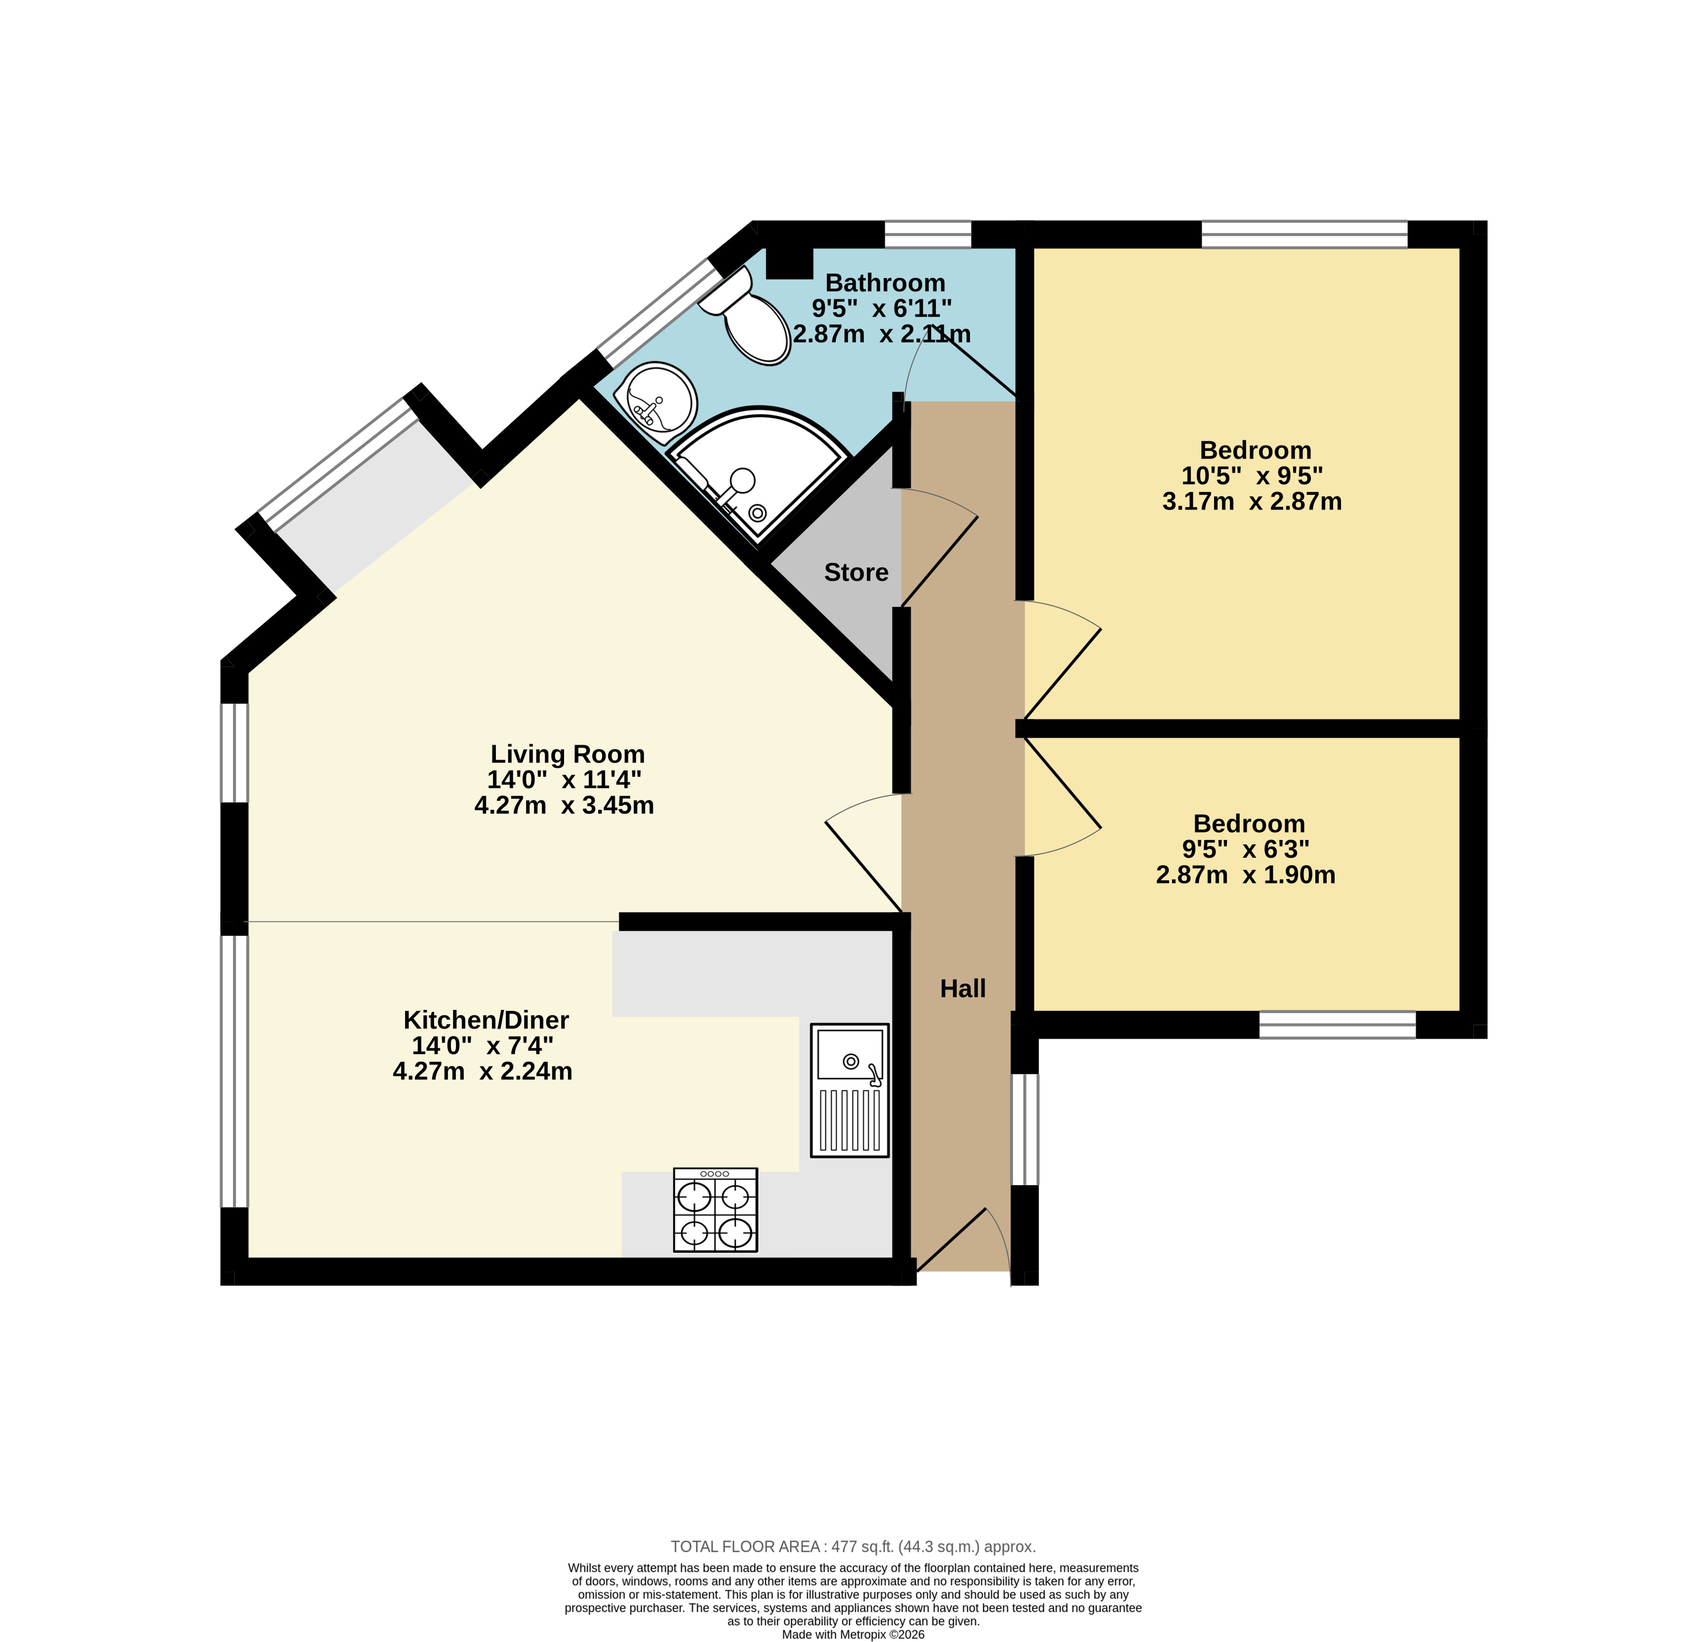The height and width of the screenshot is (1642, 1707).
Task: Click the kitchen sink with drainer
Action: click(x=850, y=1090)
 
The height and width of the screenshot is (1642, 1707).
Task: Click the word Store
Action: click(x=856, y=572)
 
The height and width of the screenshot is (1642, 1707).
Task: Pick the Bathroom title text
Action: click(x=885, y=282)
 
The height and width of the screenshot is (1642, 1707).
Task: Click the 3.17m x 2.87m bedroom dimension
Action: click(x=1251, y=501)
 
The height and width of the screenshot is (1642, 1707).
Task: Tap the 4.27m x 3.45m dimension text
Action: click(x=564, y=805)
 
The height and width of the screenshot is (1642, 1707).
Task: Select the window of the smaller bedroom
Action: click(x=1338, y=1025)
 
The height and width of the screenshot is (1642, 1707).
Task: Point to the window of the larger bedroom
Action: click(x=1304, y=234)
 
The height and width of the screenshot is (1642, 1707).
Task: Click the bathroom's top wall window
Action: click(x=928, y=234)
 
